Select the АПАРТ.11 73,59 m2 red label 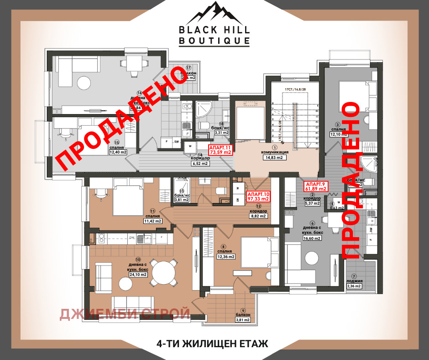click(x=220, y=150)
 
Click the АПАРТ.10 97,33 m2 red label click(x=258, y=196)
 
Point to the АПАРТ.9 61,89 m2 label click(x=316, y=185)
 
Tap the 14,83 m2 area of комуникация click(x=275, y=158)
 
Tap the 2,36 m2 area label click(x=354, y=286)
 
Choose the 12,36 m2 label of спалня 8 click(x=225, y=256)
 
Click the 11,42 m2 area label click(x=152, y=221)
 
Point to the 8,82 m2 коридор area click(x=258, y=216)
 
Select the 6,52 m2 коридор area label click(x=199, y=163)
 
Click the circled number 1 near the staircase click(x=275, y=148)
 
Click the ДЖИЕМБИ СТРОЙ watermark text click(x=125, y=314)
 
